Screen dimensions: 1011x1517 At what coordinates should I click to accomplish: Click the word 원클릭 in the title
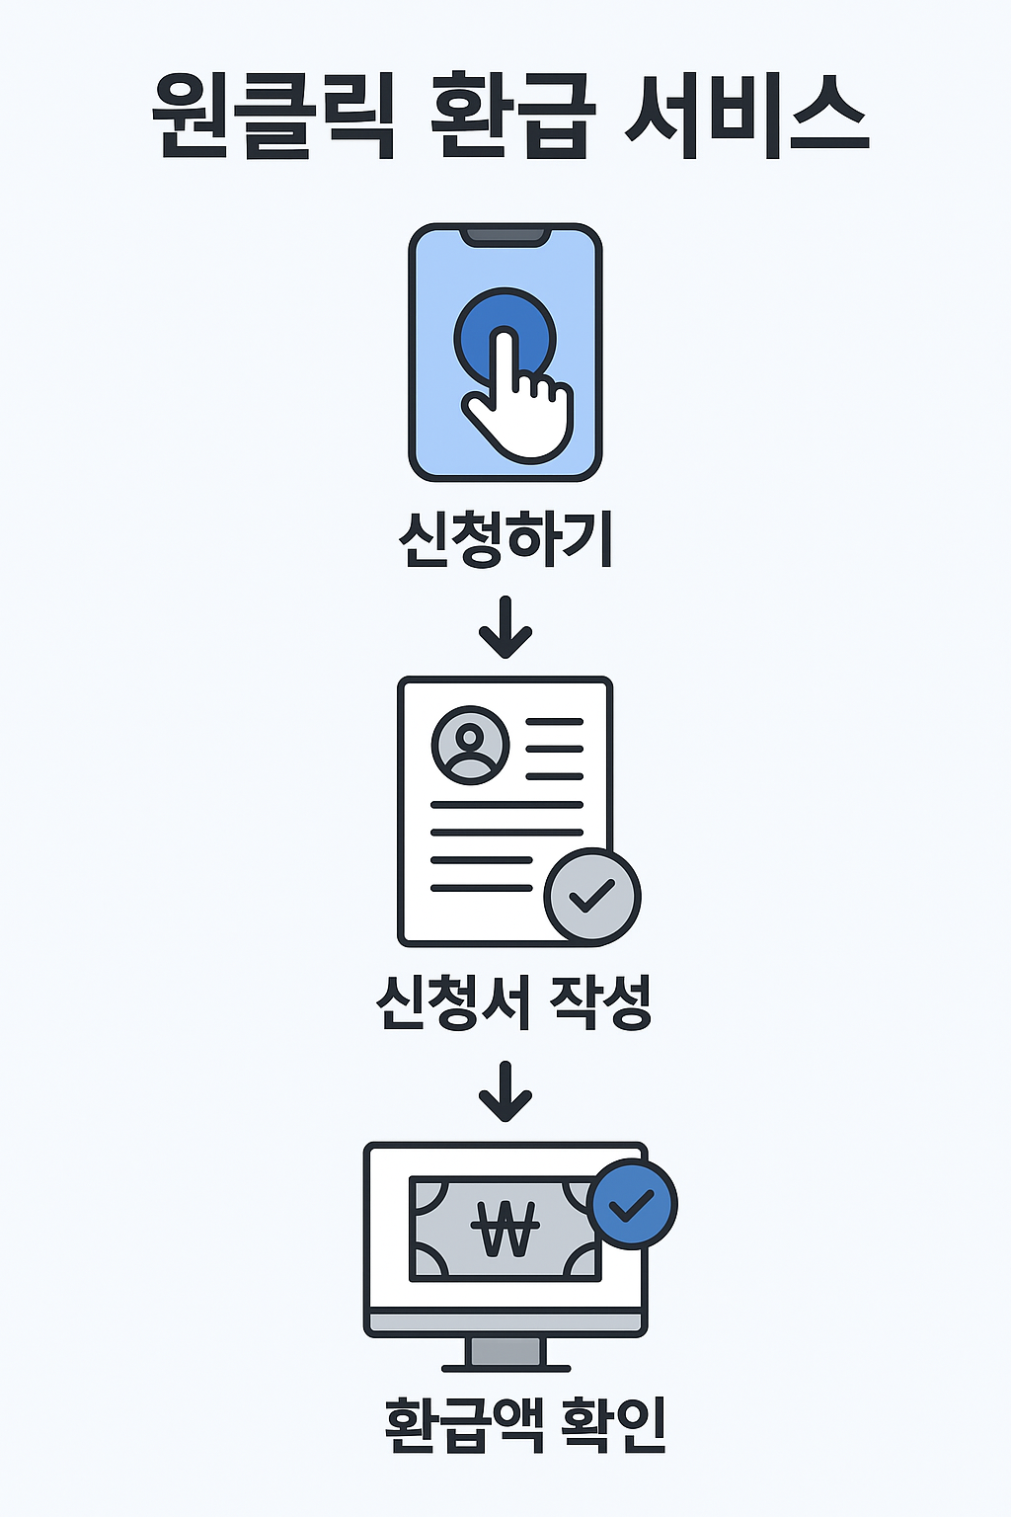pyautogui.click(x=273, y=117)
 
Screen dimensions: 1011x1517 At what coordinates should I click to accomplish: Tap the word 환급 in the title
pyautogui.click(x=512, y=117)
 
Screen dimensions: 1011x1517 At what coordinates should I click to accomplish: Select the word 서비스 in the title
pyautogui.click(x=747, y=117)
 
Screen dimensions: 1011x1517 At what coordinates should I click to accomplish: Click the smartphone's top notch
pyautogui.click(x=505, y=237)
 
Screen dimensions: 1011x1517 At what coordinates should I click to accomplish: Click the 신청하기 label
pyautogui.click(x=505, y=539)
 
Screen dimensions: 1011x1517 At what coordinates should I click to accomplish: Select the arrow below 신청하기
pyautogui.click(x=505, y=628)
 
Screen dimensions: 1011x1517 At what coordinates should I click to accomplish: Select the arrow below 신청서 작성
pyautogui.click(x=505, y=1092)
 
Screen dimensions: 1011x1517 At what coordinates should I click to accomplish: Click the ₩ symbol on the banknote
pyautogui.click(x=505, y=1228)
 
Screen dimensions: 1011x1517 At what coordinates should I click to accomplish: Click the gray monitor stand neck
pyautogui.click(x=505, y=1351)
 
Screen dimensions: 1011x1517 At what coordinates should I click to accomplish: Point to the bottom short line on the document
pyautogui.click(x=481, y=888)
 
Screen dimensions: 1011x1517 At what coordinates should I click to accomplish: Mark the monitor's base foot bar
pyautogui.click(x=505, y=1369)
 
